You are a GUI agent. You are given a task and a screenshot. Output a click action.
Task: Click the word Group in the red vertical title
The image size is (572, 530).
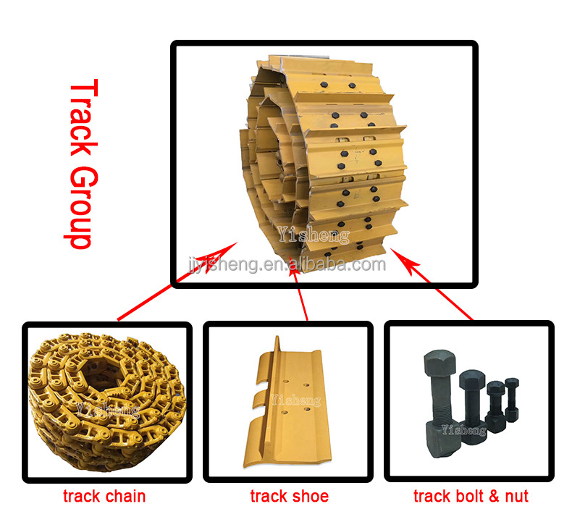(x=82, y=207)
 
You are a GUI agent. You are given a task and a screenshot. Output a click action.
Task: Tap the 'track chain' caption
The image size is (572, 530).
(x=104, y=497)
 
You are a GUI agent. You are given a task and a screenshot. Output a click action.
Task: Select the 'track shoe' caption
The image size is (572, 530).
(x=289, y=497)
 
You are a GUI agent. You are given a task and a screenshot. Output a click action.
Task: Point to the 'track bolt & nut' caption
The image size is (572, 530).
(x=471, y=497)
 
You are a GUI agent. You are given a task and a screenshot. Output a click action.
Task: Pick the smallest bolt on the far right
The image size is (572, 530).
(x=512, y=398)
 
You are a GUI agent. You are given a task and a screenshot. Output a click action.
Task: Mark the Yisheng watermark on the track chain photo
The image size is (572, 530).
(x=109, y=410)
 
